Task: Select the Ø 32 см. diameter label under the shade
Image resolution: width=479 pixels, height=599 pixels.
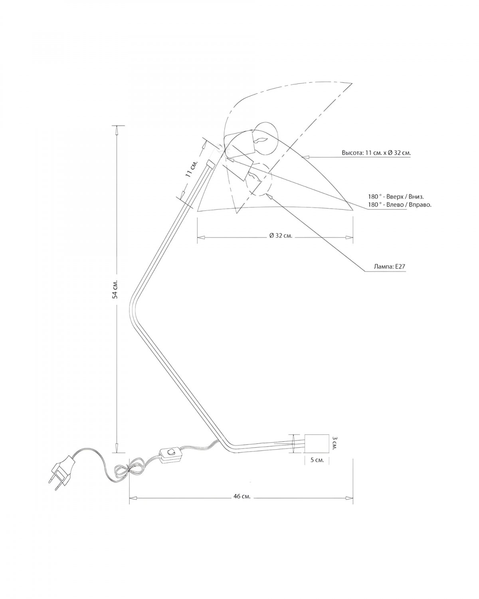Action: click(x=281, y=236)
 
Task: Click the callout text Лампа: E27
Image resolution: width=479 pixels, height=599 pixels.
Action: click(x=389, y=266)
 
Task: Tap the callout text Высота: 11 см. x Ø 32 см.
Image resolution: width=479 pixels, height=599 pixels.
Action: click(x=376, y=153)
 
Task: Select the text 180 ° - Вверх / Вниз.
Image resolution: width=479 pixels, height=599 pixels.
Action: click(x=396, y=197)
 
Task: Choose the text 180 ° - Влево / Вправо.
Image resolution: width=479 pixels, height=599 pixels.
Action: click(x=400, y=205)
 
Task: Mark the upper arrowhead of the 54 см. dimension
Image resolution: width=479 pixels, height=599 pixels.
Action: click(x=117, y=131)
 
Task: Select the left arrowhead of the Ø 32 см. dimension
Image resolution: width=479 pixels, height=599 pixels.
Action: click(x=201, y=238)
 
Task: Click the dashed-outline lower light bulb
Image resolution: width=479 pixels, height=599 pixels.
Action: click(x=258, y=178)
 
